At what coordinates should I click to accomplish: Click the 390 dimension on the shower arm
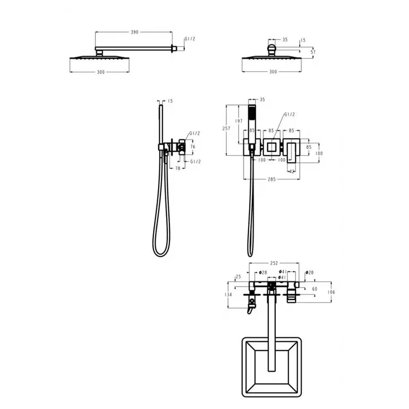[x=134, y=32]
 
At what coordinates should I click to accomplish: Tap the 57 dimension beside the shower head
[x=313, y=52]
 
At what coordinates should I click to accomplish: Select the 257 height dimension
[x=226, y=128]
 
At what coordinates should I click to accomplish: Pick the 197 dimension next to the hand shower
[x=239, y=121]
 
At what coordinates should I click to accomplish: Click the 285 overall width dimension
[x=272, y=179]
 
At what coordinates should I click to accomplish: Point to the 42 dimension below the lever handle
[x=292, y=171]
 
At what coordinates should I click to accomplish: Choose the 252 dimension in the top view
[x=274, y=263]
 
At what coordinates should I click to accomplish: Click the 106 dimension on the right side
[x=331, y=292]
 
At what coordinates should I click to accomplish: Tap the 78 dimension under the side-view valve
[x=178, y=168]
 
